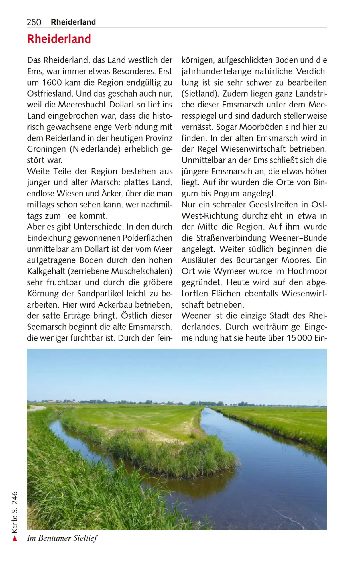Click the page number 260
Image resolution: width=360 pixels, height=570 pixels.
34,22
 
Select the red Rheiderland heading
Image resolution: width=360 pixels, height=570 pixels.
59,39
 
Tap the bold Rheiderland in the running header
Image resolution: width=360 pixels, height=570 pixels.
73,22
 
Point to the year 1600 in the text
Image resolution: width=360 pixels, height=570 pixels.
52,83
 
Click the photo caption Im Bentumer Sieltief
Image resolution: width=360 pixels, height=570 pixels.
62,538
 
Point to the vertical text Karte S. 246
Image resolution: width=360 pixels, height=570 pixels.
15,512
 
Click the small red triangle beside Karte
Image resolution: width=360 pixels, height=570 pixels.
15,538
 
